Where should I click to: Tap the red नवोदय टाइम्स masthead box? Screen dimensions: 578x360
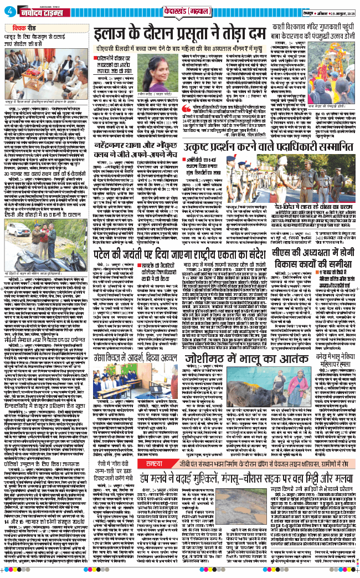pos(39,11)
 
